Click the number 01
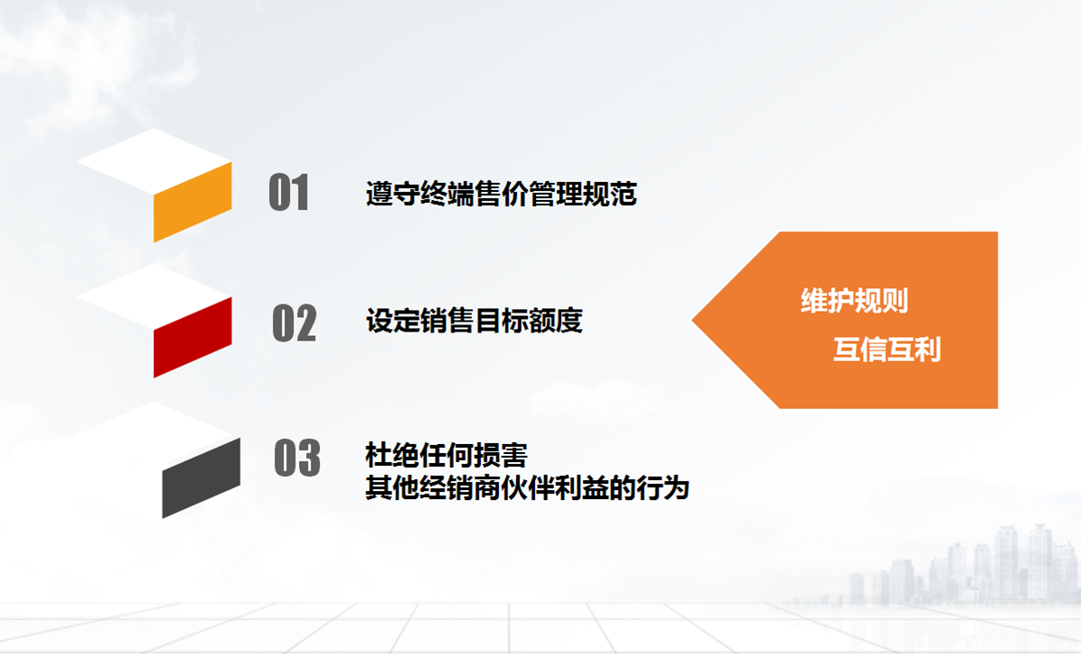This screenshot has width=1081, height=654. (288, 192)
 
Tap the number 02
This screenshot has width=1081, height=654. (295, 322)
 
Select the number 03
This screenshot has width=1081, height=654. (297, 458)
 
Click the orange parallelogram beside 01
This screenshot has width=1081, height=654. (193, 202)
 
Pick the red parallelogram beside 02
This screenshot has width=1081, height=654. (193, 338)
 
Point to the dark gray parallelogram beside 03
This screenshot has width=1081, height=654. (201, 477)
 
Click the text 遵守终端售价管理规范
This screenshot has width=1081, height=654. (502, 194)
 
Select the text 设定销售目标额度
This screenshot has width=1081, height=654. (475, 321)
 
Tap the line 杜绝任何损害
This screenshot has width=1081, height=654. (447, 455)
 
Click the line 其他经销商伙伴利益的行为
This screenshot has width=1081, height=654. (527, 487)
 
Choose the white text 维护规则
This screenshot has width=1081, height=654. (855, 301)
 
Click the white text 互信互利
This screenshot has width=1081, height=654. (887, 349)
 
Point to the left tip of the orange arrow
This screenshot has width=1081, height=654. (693, 320)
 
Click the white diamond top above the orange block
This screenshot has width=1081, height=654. (154, 160)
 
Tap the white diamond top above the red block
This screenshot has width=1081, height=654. (154, 296)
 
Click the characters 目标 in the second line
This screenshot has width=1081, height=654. (502, 321)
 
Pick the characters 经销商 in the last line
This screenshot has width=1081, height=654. (447, 487)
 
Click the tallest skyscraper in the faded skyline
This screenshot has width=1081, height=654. (1005, 562)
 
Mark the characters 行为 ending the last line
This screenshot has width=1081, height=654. (663, 487)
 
